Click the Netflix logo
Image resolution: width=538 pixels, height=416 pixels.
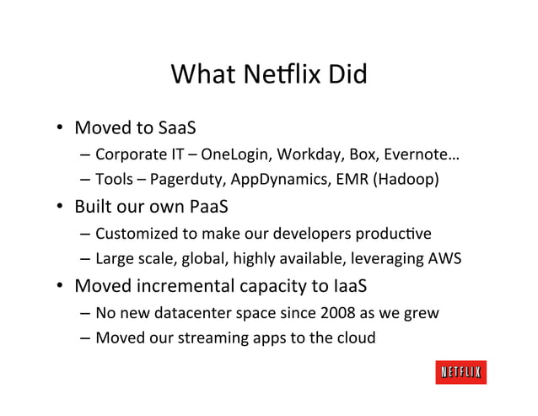461,372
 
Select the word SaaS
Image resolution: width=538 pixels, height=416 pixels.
177,129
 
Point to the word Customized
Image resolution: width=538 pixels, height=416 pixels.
135,234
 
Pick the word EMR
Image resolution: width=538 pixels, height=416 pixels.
343,180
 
